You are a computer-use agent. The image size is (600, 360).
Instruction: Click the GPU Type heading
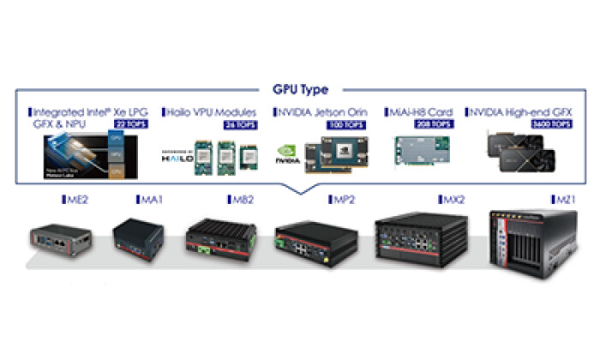click(299, 88)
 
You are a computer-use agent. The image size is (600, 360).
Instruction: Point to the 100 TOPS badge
click(345, 125)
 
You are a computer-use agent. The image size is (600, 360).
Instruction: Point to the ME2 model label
click(78, 199)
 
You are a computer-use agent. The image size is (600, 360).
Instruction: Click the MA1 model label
click(152, 199)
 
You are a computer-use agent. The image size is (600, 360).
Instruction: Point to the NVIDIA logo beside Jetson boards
click(287, 155)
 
